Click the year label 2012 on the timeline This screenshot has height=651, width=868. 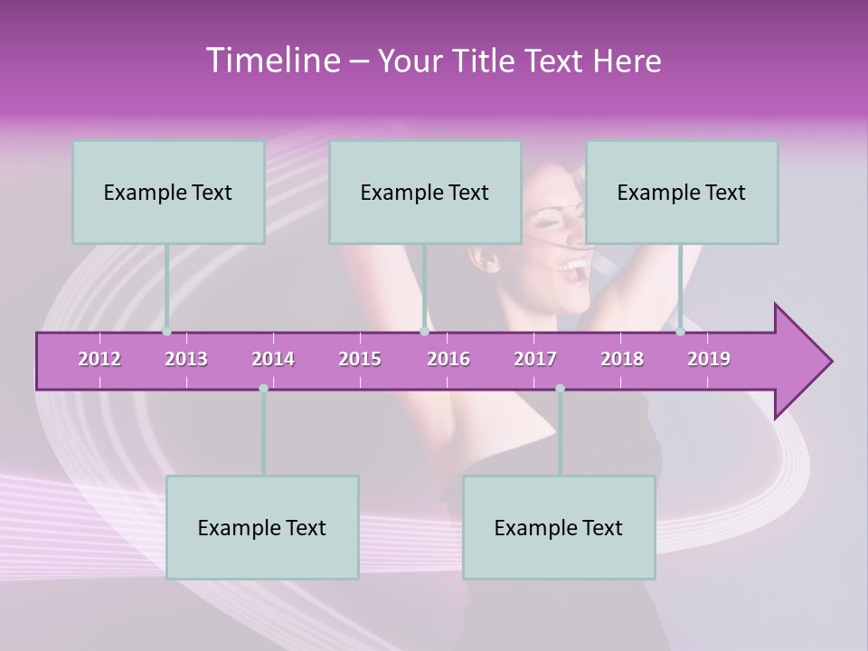point(99,359)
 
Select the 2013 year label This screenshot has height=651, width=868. point(186,359)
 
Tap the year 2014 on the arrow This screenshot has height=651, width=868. point(273,359)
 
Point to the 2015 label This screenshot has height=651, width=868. point(360,359)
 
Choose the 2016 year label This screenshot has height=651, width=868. point(448,359)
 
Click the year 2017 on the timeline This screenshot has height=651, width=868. point(535,359)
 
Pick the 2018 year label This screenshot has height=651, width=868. point(622,359)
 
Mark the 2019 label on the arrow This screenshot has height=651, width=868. point(709,359)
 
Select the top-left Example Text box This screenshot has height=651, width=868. point(168,192)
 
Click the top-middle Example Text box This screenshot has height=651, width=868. point(425,192)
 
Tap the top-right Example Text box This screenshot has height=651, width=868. point(682,192)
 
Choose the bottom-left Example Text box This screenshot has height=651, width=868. point(262,527)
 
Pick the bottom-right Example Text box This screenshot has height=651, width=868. point(559,527)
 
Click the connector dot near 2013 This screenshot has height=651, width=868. point(166,332)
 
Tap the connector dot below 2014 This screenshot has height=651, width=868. point(263,388)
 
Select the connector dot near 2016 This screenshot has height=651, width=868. point(424,332)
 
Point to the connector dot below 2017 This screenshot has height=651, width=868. point(560,388)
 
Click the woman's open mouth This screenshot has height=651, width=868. point(572,267)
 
